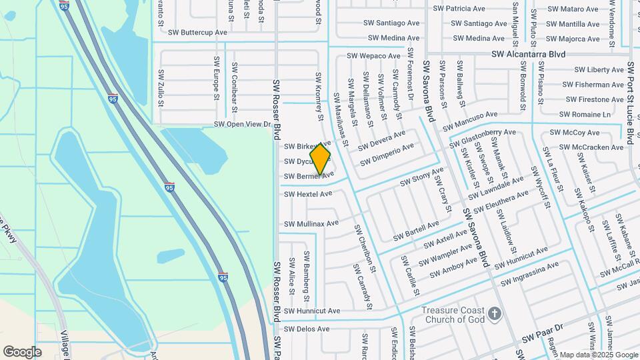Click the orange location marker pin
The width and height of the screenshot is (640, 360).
[321, 159]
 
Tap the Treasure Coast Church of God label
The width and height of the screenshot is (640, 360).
[453, 315]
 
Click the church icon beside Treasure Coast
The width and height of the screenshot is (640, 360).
[494, 313]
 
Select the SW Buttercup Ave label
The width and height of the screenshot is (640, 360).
[197, 32]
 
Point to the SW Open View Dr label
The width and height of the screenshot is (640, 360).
[242, 125]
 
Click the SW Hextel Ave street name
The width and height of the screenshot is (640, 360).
[308, 194]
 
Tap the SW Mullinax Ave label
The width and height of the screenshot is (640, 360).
[311, 224]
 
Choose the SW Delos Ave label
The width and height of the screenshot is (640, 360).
[307, 329]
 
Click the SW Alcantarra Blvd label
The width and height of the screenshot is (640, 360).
[529, 55]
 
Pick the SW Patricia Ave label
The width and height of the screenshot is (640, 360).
[459, 9]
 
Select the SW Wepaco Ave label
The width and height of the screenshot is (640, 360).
[373, 56]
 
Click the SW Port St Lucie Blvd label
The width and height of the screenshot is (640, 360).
[630, 103]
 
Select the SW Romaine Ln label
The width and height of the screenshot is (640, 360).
[586, 115]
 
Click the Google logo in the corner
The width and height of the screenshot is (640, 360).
[23, 352]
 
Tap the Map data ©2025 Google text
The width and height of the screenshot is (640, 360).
[599, 355]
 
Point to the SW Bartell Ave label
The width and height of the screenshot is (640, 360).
[416, 231]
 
